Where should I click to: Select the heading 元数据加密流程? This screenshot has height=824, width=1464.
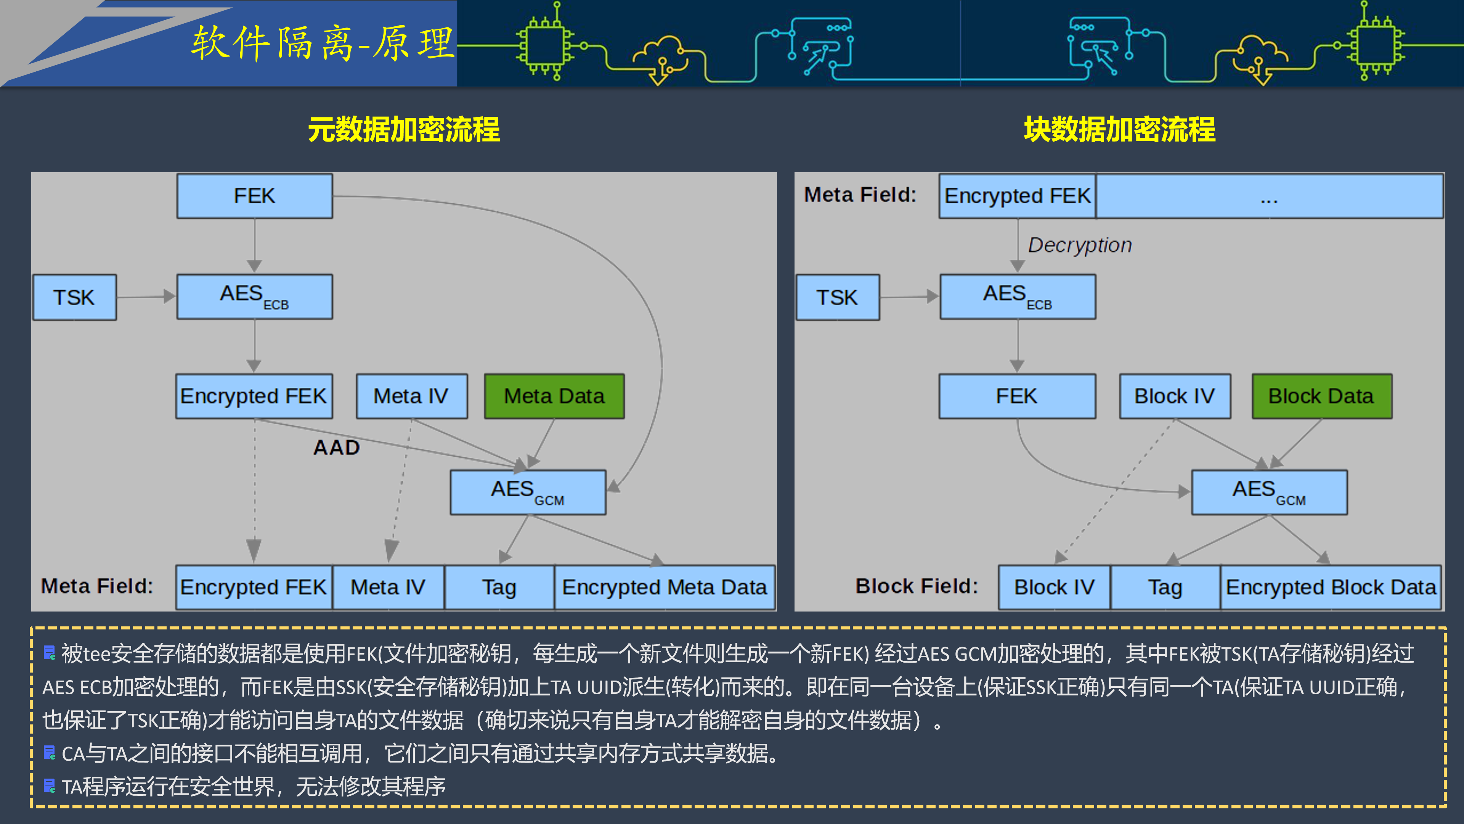[403, 130]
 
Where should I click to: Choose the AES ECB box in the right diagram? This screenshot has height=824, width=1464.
[1017, 297]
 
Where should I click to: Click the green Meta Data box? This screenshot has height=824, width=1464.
[554, 396]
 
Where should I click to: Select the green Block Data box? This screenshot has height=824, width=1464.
[1321, 396]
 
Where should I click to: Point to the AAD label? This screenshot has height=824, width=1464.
[336, 447]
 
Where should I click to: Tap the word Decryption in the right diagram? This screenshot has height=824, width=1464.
[1080, 245]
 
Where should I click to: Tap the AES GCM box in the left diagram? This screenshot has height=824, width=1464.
[528, 492]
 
